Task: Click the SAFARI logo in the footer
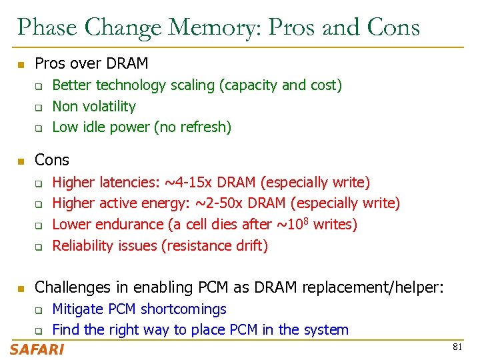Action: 37,349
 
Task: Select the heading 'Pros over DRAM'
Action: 91,64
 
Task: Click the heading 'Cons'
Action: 51,160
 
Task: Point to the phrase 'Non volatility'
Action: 94,106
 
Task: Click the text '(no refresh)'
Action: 193,127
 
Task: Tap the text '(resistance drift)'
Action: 215,246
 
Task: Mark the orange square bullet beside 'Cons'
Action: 21,161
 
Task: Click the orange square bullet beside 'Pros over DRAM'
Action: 21,65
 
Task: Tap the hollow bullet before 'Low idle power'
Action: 39,128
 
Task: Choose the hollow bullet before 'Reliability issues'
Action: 39,247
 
